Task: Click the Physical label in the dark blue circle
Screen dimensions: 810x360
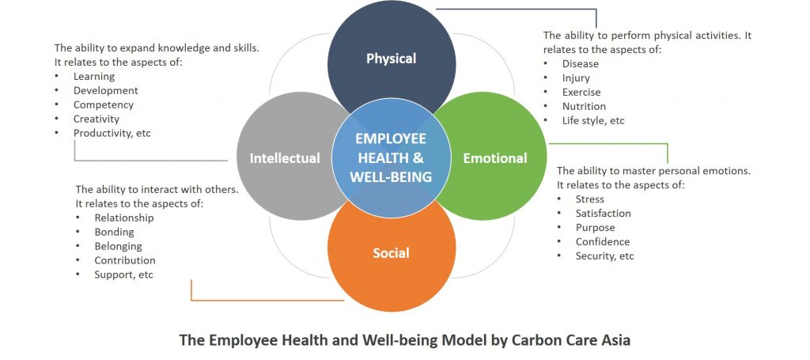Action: [x=391, y=59]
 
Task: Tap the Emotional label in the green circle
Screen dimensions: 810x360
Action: [x=495, y=158]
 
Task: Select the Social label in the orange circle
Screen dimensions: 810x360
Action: [x=391, y=253]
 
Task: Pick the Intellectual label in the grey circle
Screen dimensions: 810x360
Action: [x=285, y=158]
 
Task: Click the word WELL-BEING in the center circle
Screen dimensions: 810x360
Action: [x=391, y=177]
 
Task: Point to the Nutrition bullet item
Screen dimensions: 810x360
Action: [x=584, y=106]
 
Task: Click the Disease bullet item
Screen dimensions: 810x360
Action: [x=580, y=64]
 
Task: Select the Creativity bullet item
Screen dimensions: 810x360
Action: [x=96, y=119]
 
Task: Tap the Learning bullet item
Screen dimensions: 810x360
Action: [x=94, y=77]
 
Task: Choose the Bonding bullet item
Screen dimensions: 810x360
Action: [x=114, y=232]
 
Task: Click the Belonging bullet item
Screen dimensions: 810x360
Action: [x=119, y=246]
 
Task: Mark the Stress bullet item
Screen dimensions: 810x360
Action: [x=590, y=199]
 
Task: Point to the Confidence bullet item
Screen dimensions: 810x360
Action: [x=603, y=242]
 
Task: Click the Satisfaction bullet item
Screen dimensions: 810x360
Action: [x=604, y=214]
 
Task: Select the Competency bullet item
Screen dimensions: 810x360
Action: [x=104, y=105]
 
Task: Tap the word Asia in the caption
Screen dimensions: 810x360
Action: [x=615, y=341]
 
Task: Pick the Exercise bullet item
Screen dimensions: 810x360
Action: [x=581, y=93]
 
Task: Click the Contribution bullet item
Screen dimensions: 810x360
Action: [x=124, y=260]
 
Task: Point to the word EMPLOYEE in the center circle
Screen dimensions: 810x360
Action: [x=391, y=139]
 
